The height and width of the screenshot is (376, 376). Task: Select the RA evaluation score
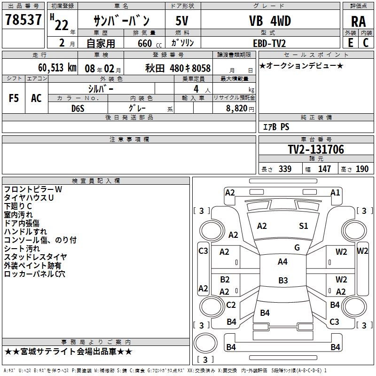pos(358,21)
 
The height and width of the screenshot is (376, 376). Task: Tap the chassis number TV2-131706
pos(316,149)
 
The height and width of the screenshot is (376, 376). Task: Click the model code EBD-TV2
pos(269,43)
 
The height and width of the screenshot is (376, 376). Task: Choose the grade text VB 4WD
pos(269,21)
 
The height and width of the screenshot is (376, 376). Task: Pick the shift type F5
pos(14,98)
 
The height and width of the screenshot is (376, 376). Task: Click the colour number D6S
pos(78,109)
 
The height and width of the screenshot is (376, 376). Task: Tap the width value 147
pos(324,169)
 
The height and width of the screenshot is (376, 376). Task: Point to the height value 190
pos(362,169)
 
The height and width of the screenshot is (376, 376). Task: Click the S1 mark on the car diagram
pos(304,226)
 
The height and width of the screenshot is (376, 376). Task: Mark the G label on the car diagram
pos(297,247)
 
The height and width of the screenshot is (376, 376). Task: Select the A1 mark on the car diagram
pos(335,192)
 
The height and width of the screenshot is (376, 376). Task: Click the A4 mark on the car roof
pos(282,262)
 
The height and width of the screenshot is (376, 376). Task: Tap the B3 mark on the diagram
pos(283,281)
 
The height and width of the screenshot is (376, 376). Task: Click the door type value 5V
pos(182,21)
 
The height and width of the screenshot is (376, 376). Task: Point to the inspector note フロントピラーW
pos(33,189)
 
